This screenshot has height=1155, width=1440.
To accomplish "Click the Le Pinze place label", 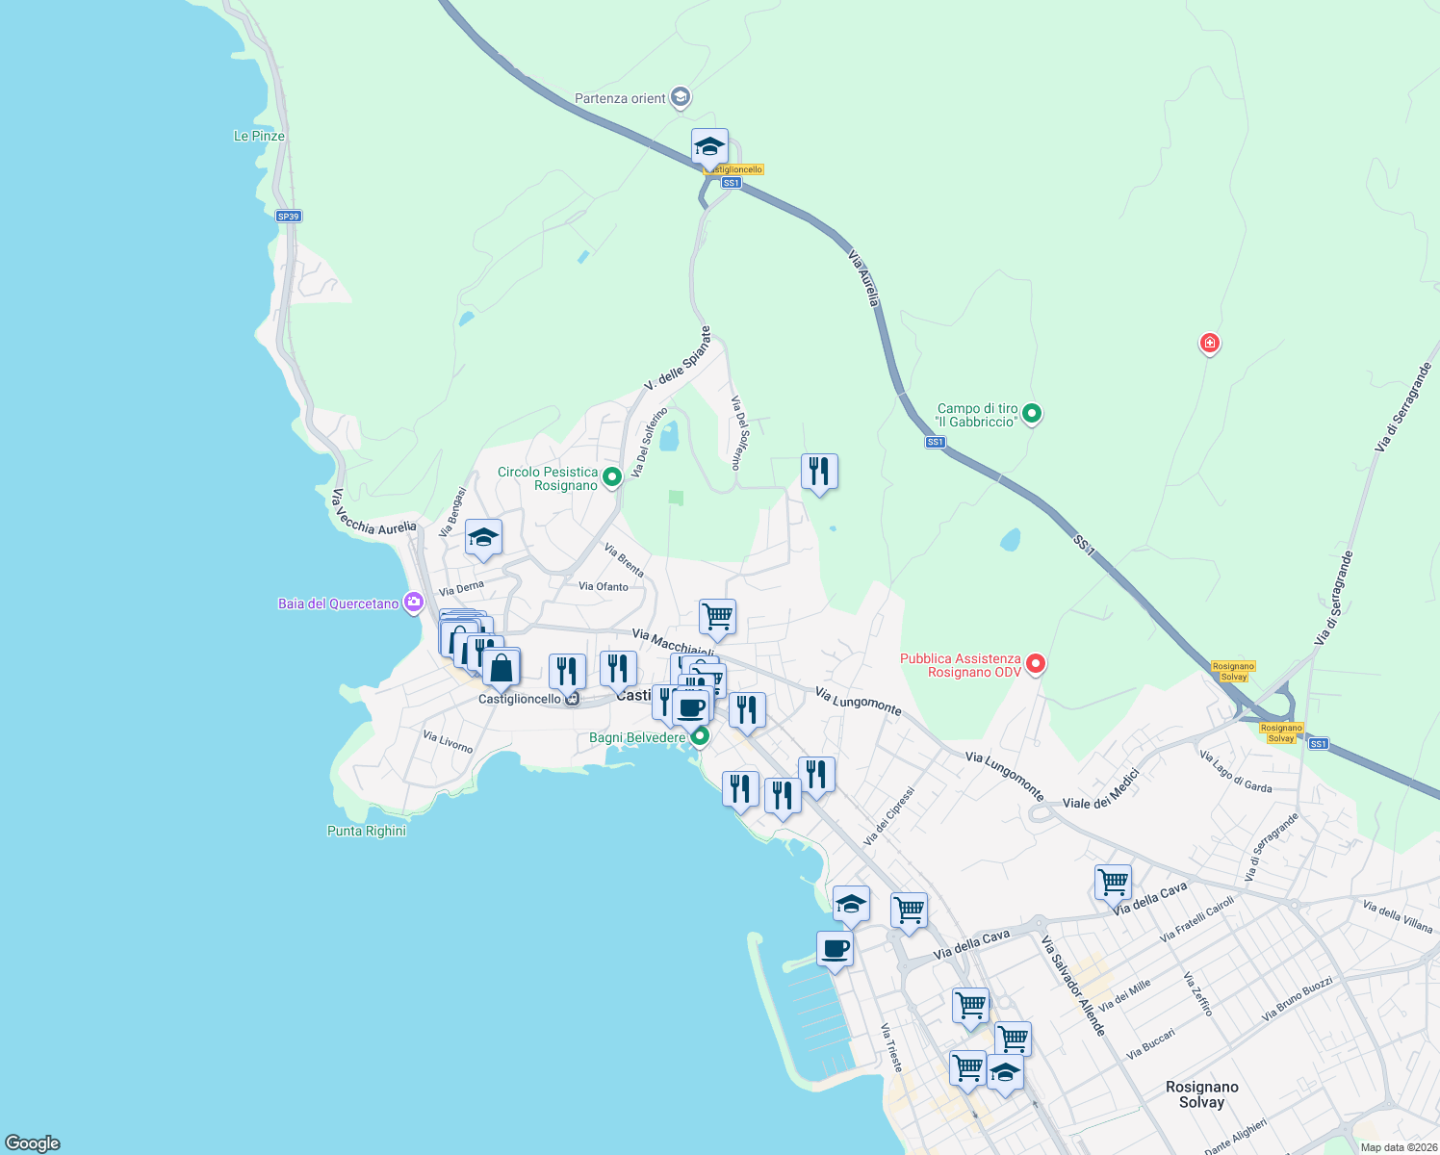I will tap(259, 136).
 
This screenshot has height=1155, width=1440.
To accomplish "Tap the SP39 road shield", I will tap(288, 217).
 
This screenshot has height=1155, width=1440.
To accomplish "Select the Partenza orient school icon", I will tap(681, 97).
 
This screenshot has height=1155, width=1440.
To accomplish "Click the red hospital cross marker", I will tap(1210, 343).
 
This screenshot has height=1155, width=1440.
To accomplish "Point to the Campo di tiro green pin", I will tap(1032, 415).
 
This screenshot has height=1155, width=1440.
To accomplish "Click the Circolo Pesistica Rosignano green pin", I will tap(611, 476).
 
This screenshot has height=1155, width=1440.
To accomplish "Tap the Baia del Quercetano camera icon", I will tap(414, 603).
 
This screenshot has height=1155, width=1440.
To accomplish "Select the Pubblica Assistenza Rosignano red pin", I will tap(1036, 663).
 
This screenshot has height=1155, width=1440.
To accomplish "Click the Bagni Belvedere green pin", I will tap(700, 737).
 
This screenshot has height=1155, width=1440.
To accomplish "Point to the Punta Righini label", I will tap(367, 831).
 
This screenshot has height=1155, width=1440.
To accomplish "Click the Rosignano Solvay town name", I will tap(1201, 1094).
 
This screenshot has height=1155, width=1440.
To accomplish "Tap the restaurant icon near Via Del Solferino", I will tap(819, 472).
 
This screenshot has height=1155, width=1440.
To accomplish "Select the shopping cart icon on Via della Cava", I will tap(1113, 882).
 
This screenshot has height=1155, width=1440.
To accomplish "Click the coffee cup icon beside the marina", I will tap(835, 949).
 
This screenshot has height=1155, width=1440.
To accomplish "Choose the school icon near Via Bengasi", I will tap(483, 538).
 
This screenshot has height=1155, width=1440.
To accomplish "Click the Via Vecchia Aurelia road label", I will tap(373, 513).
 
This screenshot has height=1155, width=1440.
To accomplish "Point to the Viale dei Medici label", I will tap(1101, 788).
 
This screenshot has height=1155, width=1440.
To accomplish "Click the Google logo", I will tap(33, 1143).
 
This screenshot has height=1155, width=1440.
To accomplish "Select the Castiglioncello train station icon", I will tap(573, 699).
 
